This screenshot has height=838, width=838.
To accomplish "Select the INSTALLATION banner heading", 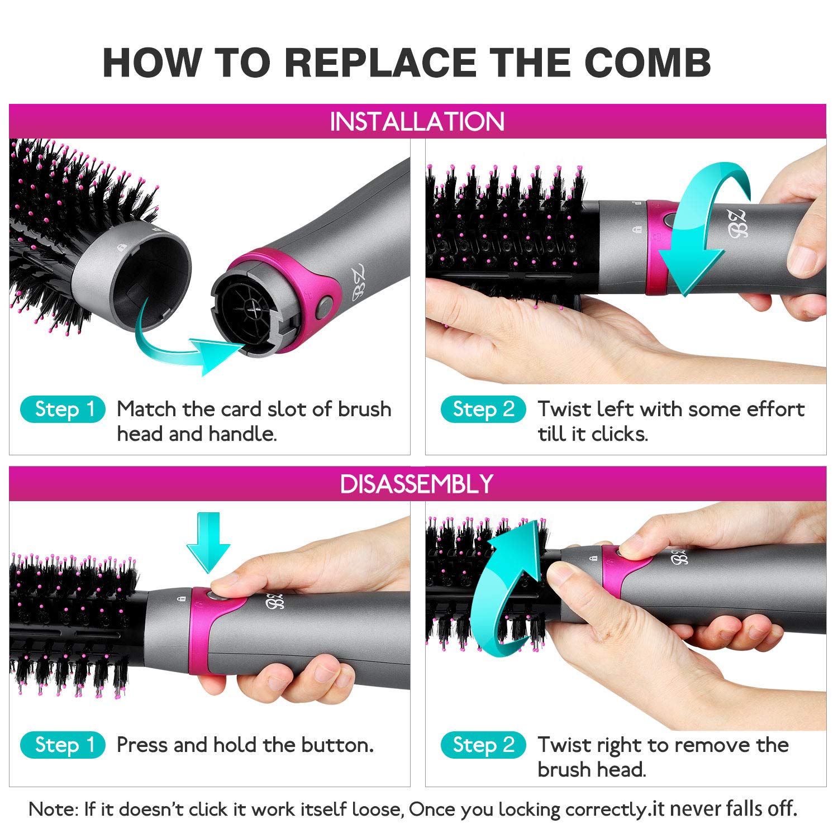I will point(417,122).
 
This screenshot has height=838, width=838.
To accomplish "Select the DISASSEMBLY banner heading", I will point(417,484).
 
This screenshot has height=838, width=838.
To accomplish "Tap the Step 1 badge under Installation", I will point(63,410).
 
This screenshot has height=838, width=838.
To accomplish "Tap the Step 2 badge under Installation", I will point(483,410).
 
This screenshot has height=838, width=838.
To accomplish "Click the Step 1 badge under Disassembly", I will point(63,745).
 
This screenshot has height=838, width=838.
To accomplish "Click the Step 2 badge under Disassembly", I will point(483,745).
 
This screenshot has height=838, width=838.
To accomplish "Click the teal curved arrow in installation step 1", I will point(184,346).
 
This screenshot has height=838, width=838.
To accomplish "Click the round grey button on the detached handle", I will point(324,307).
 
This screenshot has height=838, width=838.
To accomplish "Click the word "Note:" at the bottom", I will point(53,809).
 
